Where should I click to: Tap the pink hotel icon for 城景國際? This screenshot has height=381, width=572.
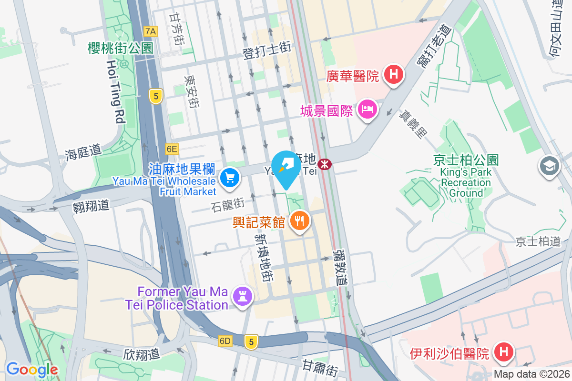pyautogui.click(x=368, y=110)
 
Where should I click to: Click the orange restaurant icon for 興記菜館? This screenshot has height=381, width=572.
pyautogui.click(x=299, y=221)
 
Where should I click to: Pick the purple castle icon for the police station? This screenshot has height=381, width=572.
pyautogui.click(x=243, y=297)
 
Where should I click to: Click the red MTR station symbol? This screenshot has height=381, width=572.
pyautogui.click(x=325, y=164)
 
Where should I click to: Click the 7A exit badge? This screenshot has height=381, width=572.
pyautogui.click(x=151, y=32)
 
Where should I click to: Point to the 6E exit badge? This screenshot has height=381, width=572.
pyautogui.click(x=172, y=149)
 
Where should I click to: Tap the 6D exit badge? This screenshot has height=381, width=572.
pyautogui.click(x=225, y=341)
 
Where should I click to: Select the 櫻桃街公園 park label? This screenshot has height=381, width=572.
pyautogui.click(x=120, y=48)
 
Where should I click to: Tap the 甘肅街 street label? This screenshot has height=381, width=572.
pyautogui.click(x=320, y=367)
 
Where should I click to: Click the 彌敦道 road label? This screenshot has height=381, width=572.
pyautogui.click(x=339, y=266)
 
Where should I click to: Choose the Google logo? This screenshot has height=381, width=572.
pyautogui.click(x=31, y=369)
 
